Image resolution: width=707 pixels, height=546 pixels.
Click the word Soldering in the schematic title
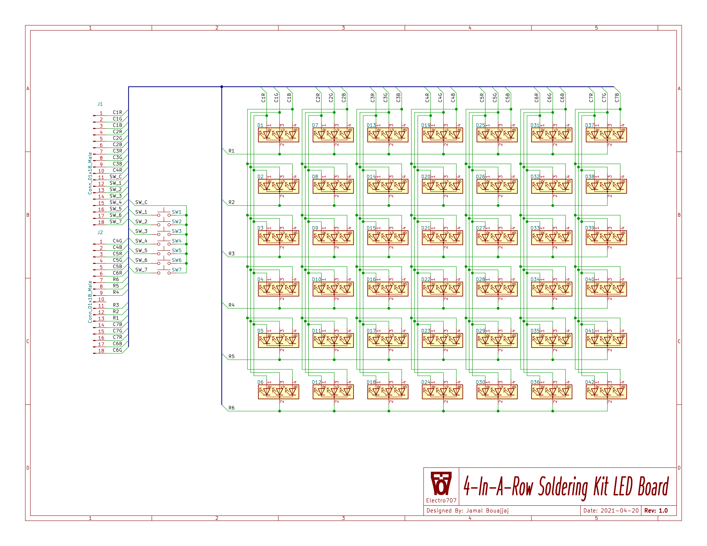pyautogui.click(x=563, y=487)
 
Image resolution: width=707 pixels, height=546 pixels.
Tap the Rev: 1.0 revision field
pyautogui.click(x=656, y=511)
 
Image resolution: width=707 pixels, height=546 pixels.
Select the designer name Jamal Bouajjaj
pyautogui.click(x=487, y=511)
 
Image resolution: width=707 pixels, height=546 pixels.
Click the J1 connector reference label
pyautogui.click(x=100, y=104)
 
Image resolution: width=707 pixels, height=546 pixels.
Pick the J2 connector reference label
pyautogui.click(x=100, y=232)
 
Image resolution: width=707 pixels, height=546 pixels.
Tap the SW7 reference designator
pyautogui.click(x=177, y=270)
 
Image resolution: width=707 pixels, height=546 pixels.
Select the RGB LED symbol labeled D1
pyautogui.click(x=278, y=134)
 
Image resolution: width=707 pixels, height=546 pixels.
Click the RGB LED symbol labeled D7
pyautogui.click(x=333, y=134)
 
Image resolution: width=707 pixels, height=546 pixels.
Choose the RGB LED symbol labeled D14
pyautogui.click(x=388, y=186)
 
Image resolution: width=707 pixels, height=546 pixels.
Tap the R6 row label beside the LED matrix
pyautogui.click(x=231, y=408)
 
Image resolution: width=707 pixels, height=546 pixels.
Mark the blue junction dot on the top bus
pyautogui.click(x=222, y=87)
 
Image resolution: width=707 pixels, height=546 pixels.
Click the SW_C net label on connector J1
pyautogui.click(x=115, y=177)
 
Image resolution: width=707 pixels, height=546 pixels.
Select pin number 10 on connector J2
pyautogui.click(x=101, y=299)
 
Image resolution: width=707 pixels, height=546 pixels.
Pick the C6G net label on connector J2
pyautogui.click(x=117, y=350)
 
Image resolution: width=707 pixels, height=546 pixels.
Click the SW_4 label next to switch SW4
pyautogui.click(x=141, y=241)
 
